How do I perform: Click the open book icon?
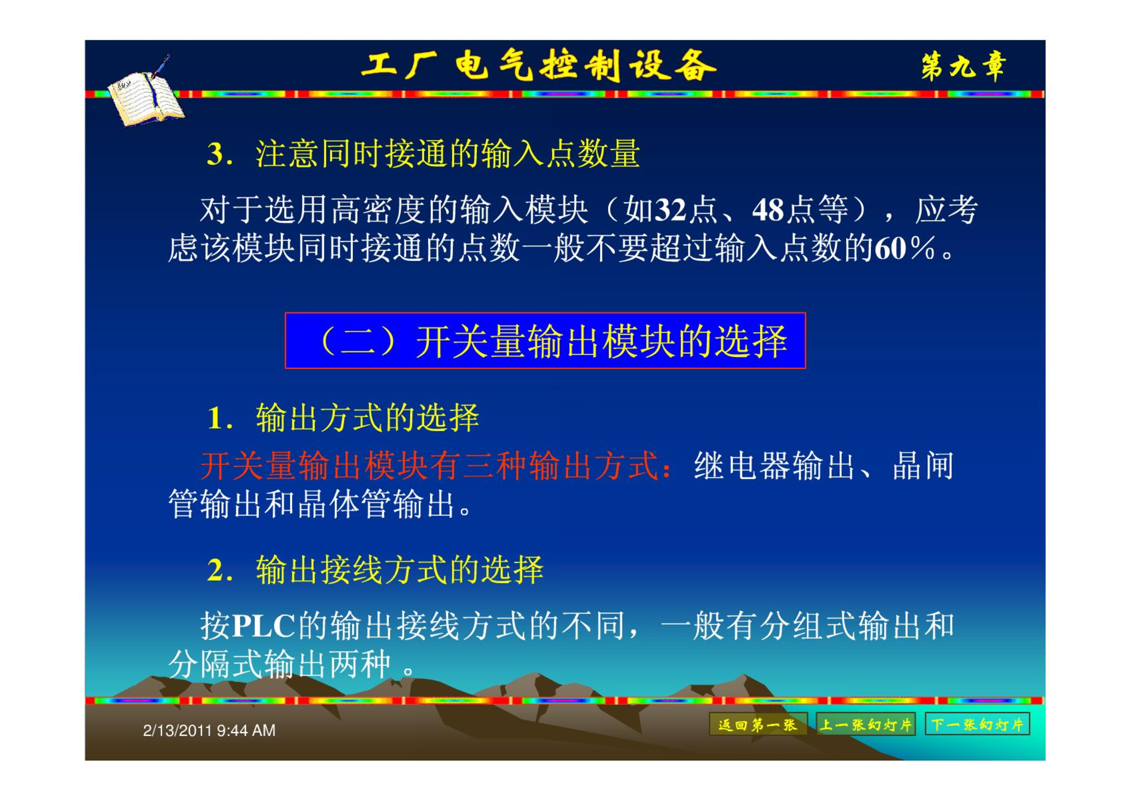pos(146,93)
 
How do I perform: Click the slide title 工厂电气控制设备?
pos(538,66)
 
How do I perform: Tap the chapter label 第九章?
pos(963,66)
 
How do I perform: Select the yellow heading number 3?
pos(216,153)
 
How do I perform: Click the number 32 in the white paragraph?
pos(671,210)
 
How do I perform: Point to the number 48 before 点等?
pos(768,210)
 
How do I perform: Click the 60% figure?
pos(904,248)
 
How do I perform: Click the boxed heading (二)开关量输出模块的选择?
pos(545,341)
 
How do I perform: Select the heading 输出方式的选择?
pos(367,418)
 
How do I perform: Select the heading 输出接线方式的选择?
pos(399,570)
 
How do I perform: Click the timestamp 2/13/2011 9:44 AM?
pos(209,730)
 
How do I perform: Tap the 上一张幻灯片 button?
pos(865,724)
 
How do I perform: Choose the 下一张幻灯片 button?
pos(977,724)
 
